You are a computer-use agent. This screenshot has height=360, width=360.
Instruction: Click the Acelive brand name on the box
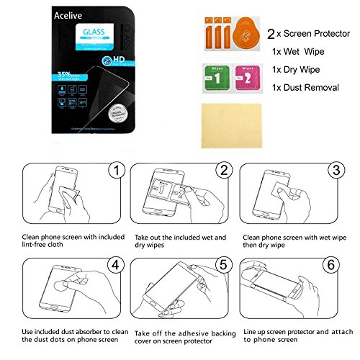pyautogui.click(x=71, y=14)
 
